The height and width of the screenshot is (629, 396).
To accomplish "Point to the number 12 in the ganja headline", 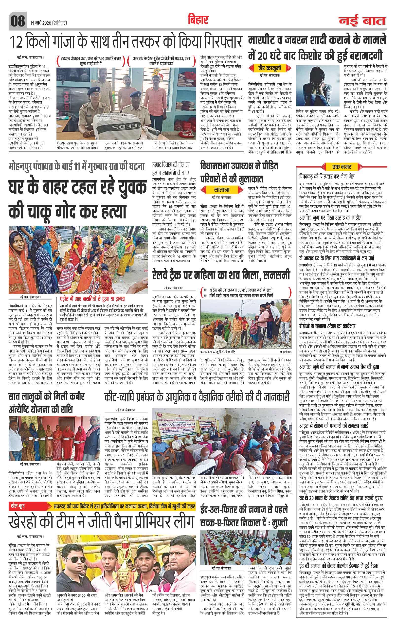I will [x=17, y=42].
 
